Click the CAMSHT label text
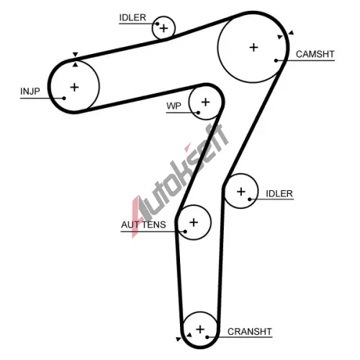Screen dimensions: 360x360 [x=315, y=54]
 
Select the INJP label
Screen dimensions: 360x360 [x=30, y=91]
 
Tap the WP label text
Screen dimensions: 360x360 [x=174, y=106]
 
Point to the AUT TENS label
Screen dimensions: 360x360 [x=143, y=225]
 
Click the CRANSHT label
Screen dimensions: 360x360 [x=250, y=331]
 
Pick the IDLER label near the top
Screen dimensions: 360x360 [x=132, y=17]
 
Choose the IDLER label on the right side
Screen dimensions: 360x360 [x=279, y=194]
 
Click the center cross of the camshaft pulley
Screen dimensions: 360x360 [x=253, y=48]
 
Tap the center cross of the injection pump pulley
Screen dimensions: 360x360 [x=74, y=87]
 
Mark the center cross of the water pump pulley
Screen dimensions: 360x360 [x=205, y=102]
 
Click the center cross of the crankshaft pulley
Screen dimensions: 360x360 [x=200, y=329]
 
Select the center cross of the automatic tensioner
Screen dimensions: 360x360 [x=194, y=222]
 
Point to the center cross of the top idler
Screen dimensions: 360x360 [x=164, y=29]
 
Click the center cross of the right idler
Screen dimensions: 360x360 [x=241, y=192]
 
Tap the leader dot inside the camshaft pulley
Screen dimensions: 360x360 [x=276, y=60]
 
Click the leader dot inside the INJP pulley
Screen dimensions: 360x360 [x=64, y=98]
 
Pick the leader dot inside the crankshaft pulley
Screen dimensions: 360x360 [x=207, y=337]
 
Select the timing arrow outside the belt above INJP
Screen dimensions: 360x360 [x=76, y=54]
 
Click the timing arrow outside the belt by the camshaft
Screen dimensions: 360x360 [x=291, y=32]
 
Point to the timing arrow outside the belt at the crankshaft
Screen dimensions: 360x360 [x=179, y=339]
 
